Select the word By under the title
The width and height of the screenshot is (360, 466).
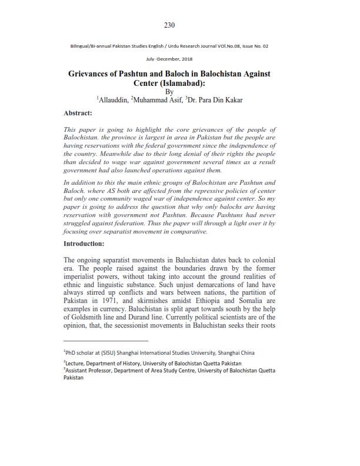tap(170, 92)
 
